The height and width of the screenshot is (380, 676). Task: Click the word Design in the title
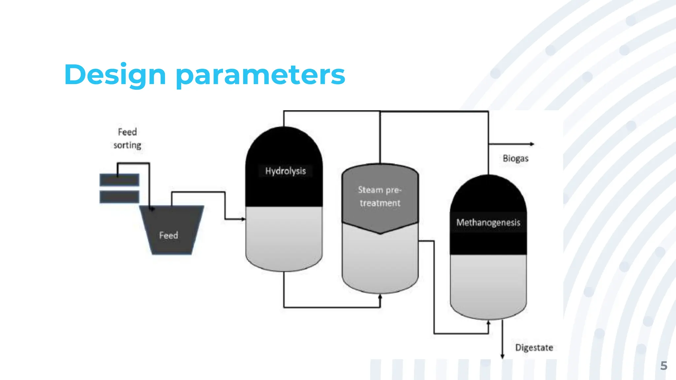[x=115, y=75]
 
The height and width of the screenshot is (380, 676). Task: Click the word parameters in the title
[x=260, y=75]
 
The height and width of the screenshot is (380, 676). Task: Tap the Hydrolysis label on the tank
[x=286, y=171]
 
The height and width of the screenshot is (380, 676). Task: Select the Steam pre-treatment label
[x=380, y=196]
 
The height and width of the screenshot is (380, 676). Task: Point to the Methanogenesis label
[x=488, y=222]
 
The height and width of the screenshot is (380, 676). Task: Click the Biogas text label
[x=515, y=158]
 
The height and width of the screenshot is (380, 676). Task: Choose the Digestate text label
[x=534, y=347]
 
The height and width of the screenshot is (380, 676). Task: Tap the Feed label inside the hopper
[x=169, y=235]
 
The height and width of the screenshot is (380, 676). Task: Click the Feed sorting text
[x=127, y=139]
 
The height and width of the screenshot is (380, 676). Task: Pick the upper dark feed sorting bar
[x=119, y=180]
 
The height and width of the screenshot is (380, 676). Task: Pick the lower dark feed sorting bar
[x=119, y=197]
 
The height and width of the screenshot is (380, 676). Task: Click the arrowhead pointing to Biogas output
[x=532, y=144]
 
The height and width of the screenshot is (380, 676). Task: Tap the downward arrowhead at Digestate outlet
[x=502, y=356]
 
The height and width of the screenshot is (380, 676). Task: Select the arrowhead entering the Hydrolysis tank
[x=243, y=219]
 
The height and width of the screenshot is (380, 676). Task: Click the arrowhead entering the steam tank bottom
[x=380, y=297]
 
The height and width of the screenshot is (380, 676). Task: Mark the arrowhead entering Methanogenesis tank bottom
[x=489, y=323]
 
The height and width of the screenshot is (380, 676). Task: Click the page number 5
[x=663, y=365]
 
